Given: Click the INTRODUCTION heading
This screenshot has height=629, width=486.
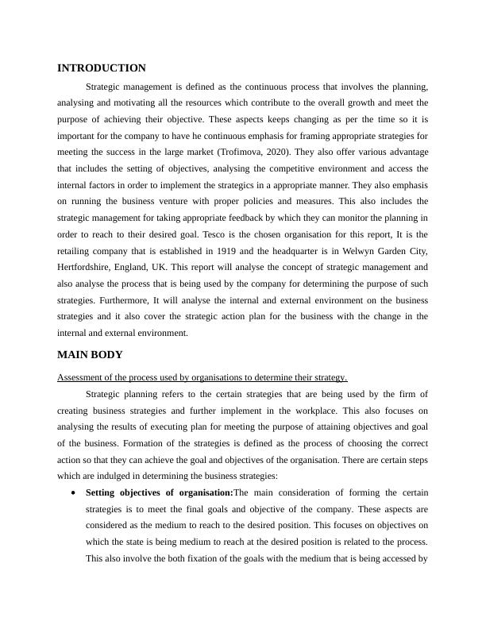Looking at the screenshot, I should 102,68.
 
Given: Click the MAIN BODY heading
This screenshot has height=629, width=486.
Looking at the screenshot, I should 90,354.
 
